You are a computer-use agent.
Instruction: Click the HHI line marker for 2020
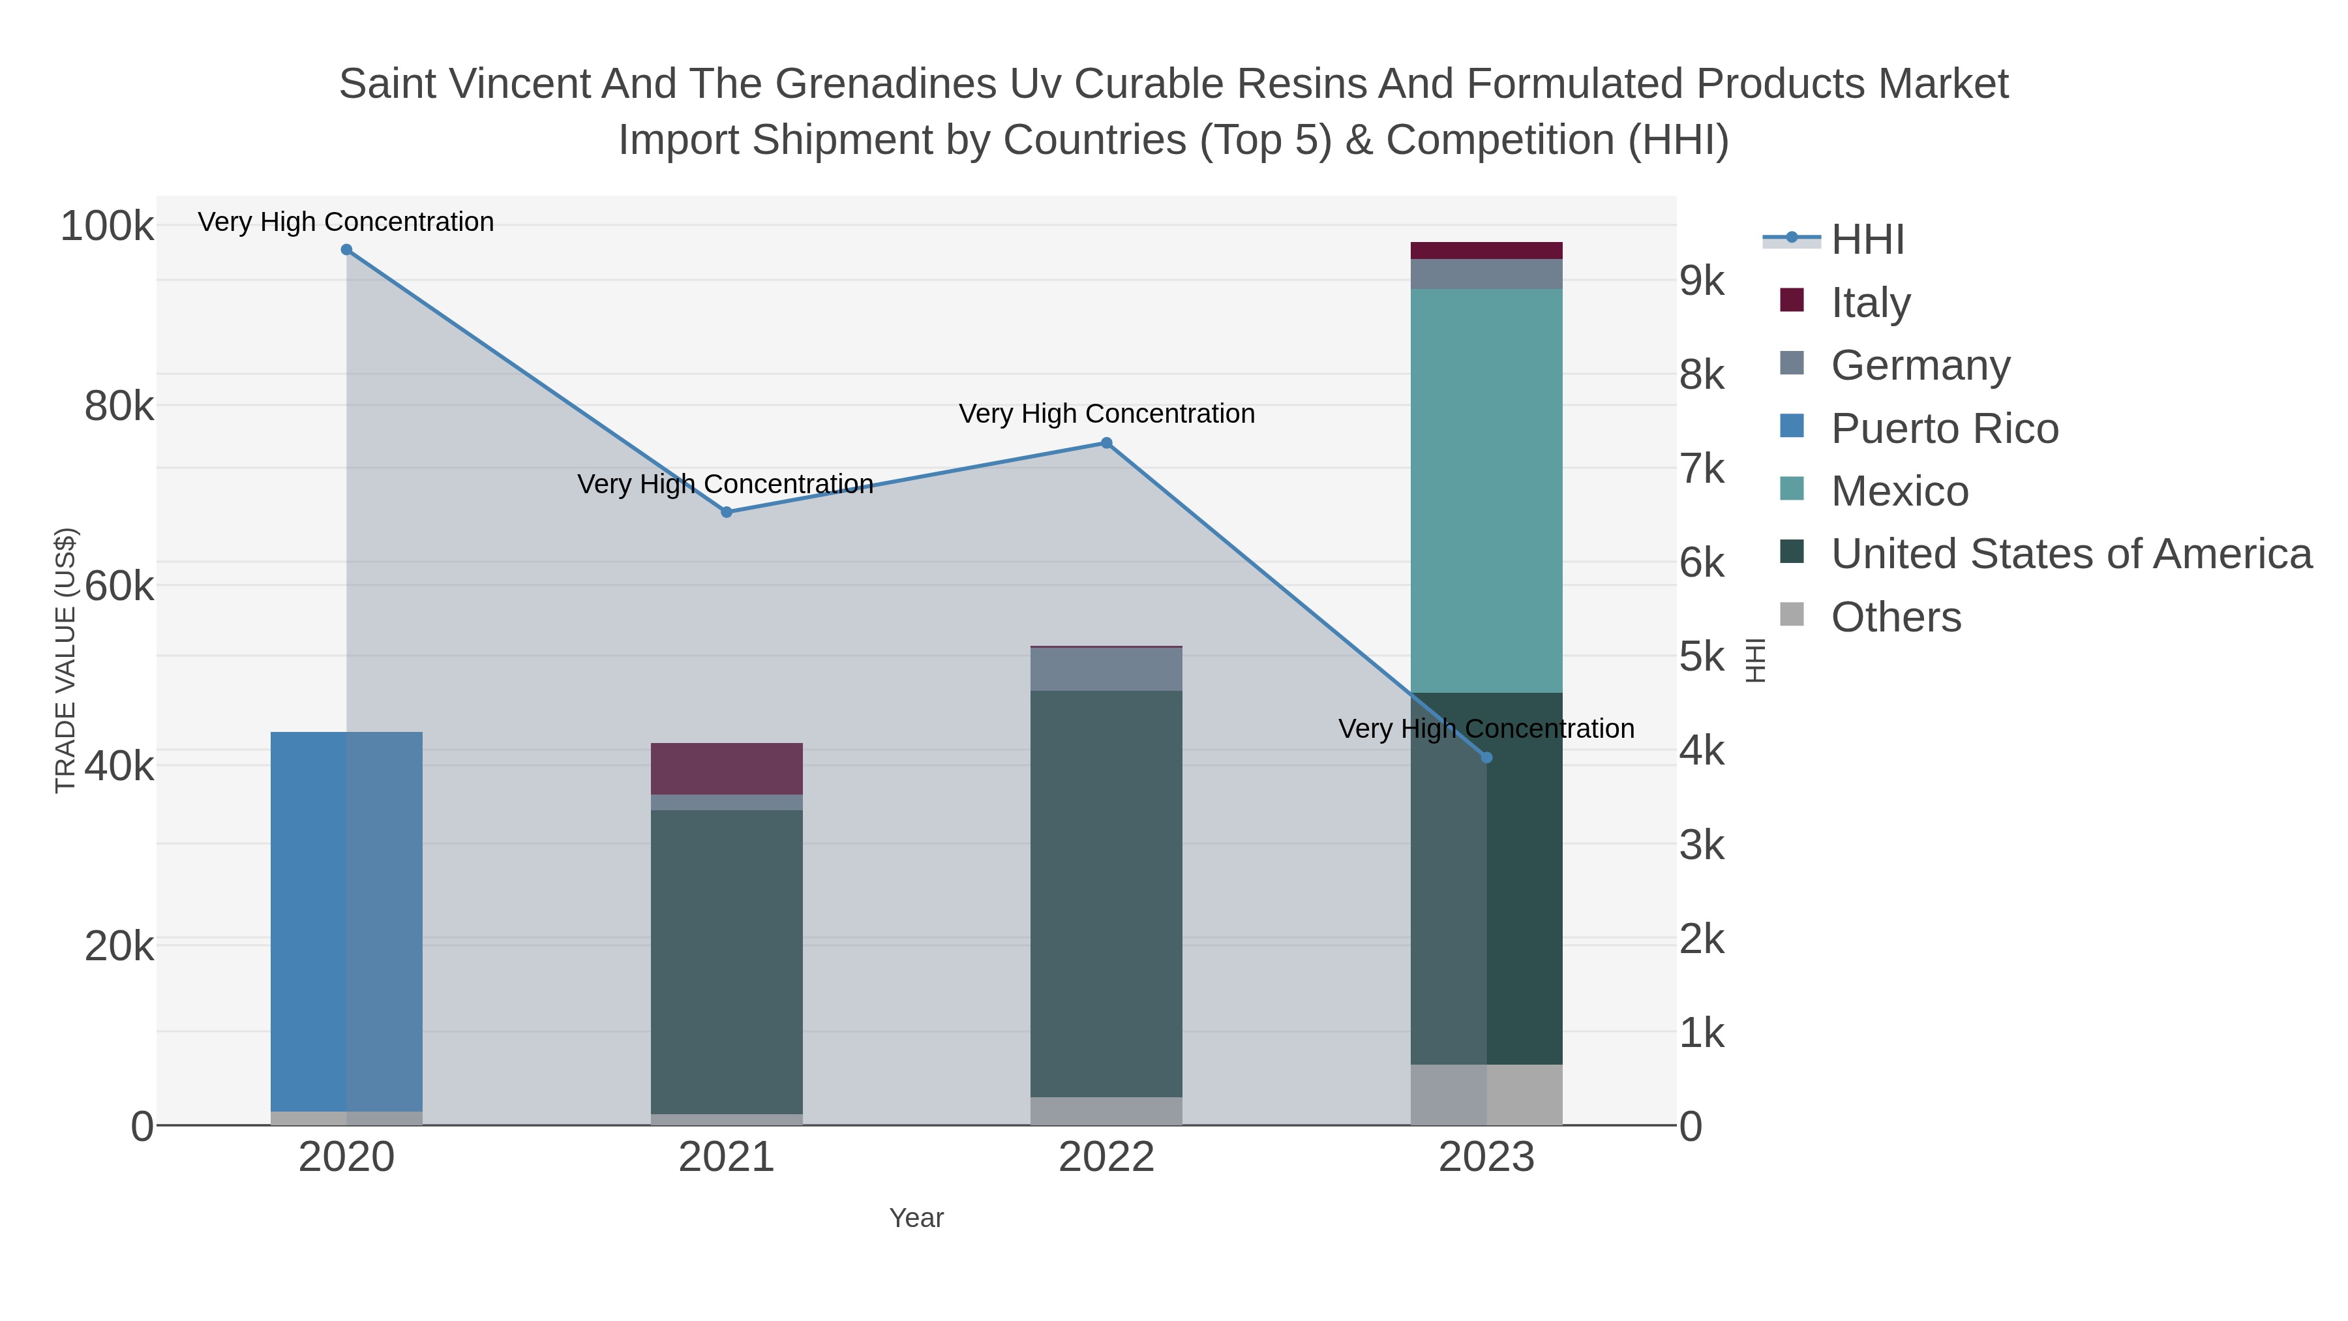pyautogui.click(x=346, y=250)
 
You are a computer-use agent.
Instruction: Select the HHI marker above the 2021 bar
pyautogui.click(x=727, y=512)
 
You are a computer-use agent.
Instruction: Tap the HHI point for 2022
pyautogui.click(x=1107, y=443)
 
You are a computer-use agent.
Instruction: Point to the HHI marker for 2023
pyautogui.click(x=1486, y=757)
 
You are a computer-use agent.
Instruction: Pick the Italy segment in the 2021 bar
pyautogui.click(x=727, y=768)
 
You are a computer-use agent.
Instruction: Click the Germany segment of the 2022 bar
pyautogui.click(x=1107, y=669)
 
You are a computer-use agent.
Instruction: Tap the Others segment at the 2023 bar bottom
pyautogui.click(x=1486, y=1094)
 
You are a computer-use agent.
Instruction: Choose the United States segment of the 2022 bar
pyautogui.click(x=1107, y=894)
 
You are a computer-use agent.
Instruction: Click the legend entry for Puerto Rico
pyautogui.click(x=1944, y=429)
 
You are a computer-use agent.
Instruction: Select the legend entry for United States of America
pyautogui.click(x=2070, y=554)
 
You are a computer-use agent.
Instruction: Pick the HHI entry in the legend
pyautogui.click(x=1867, y=240)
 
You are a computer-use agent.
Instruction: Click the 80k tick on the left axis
pyautogui.click(x=119, y=406)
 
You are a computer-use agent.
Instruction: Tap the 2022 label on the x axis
pyautogui.click(x=1107, y=1158)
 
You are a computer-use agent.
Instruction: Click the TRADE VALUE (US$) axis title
pyautogui.click(x=66, y=660)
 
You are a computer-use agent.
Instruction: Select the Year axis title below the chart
pyautogui.click(x=916, y=1218)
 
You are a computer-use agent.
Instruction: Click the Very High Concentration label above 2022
pyautogui.click(x=1107, y=414)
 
